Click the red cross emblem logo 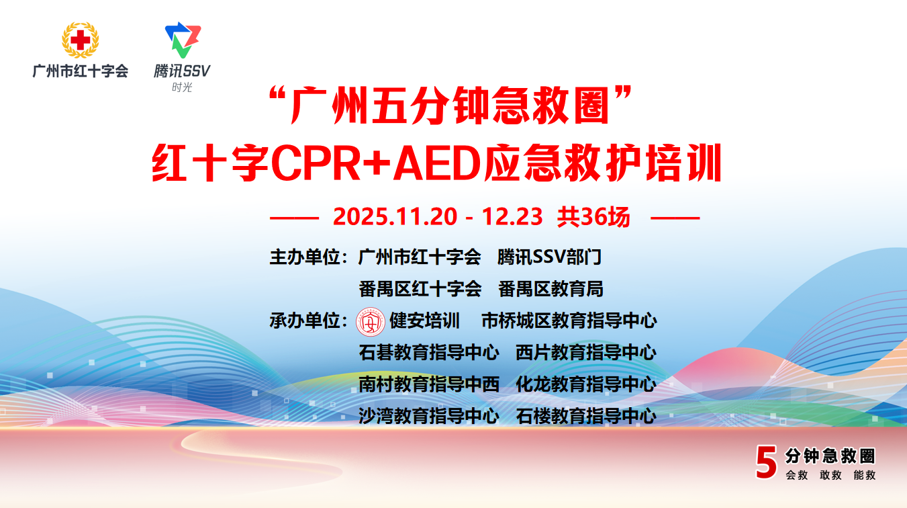pos(80,40)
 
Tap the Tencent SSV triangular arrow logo pos(183,40)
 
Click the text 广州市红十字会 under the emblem pos(80,71)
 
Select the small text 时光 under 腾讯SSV pos(182,87)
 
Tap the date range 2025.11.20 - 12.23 pos(438,216)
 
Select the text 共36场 pos(593,216)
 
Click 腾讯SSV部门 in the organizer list pos(549,257)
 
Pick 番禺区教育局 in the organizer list pos(551,289)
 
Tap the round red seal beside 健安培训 pos(370,322)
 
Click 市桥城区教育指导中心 pos(569,321)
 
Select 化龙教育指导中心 pos(586,384)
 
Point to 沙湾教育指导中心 pos(429,416)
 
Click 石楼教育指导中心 pos(586,416)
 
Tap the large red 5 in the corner pos(766,462)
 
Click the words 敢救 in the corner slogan pos(830,475)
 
